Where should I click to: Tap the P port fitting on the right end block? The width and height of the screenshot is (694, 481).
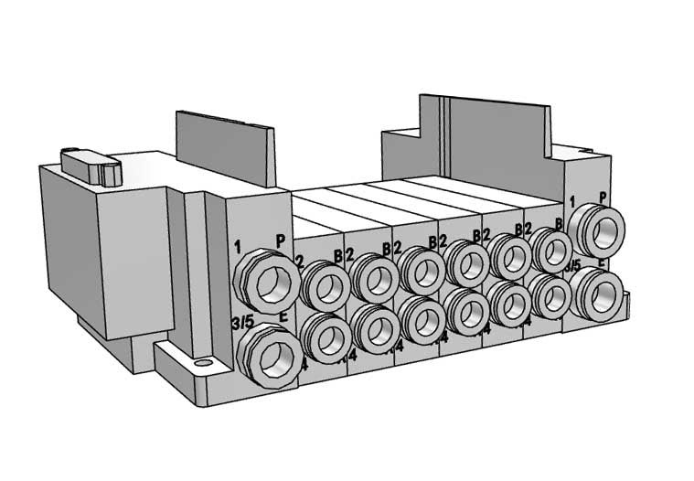coord(597,230)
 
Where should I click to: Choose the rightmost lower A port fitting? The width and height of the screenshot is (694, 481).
coord(551,294)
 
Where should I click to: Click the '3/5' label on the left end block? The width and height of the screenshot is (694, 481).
coord(241,322)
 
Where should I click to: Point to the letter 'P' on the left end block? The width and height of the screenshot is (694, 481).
coord(282,240)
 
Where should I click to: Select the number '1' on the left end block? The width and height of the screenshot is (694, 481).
coord(237,246)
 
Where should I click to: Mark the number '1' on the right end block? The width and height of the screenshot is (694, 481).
coord(572,201)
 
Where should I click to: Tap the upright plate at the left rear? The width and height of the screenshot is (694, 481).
coord(225,146)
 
